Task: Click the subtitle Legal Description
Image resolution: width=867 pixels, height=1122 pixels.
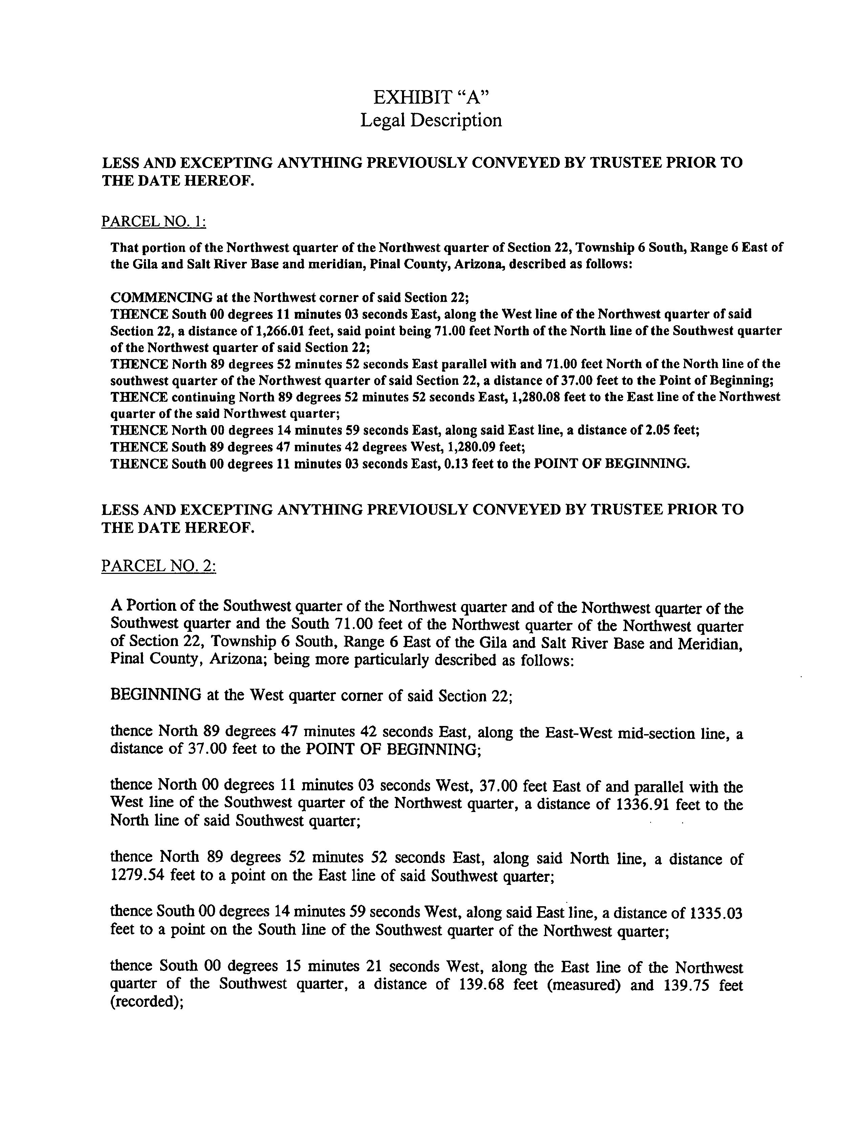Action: [431, 120]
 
